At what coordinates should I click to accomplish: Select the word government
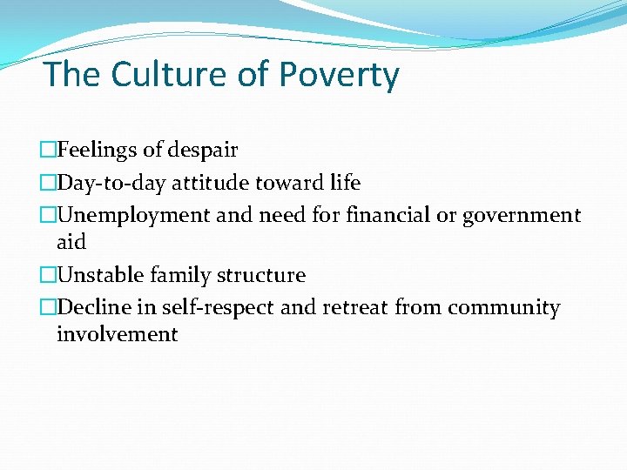pos(522,216)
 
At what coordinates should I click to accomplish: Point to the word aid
pos(71,242)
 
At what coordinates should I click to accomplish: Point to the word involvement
pos(117,334)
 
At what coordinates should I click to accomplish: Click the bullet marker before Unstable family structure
pos(47,276)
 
